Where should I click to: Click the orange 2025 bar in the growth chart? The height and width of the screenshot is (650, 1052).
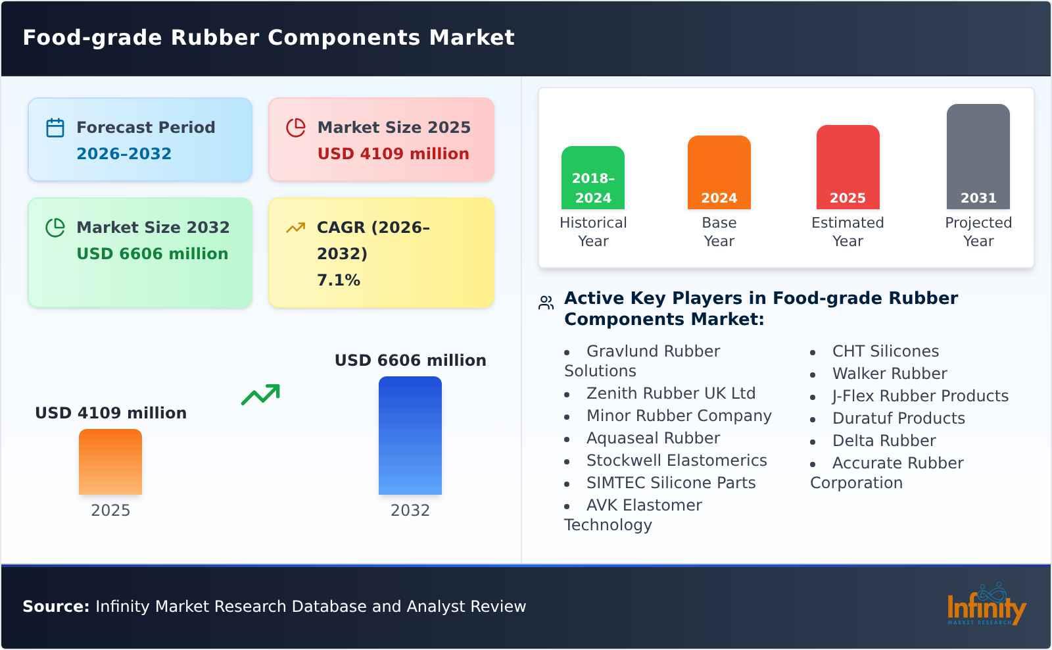(110, 462)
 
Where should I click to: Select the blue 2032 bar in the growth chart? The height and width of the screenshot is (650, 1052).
(410, 436)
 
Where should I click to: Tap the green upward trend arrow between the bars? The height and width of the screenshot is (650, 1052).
(260, 395)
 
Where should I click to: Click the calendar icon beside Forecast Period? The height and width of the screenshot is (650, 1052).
(55, 128)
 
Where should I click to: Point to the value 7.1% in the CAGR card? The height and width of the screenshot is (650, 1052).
(339, 280)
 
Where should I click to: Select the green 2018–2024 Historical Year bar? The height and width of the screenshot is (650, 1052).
(592, 178)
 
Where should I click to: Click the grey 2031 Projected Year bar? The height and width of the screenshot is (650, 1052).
(978, 157)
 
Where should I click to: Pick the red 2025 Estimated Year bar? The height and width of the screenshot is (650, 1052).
(848, 167)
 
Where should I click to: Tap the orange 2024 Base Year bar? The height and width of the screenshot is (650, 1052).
(719, 172)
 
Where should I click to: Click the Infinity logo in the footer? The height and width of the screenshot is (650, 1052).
(986, 606)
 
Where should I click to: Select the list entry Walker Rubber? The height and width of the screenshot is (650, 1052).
(890, 374)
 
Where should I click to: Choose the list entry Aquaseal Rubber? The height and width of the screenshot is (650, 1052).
(653, 438)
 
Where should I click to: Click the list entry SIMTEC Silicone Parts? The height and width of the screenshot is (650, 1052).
(671, 483)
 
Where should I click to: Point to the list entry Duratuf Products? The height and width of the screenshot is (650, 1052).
(898, 418)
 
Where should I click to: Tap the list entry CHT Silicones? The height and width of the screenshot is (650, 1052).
(885, 351)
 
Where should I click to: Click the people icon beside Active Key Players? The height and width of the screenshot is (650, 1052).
(546, 303)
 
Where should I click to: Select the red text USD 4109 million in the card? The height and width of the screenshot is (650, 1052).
(393, 154)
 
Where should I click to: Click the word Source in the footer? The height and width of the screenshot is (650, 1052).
(56, 607)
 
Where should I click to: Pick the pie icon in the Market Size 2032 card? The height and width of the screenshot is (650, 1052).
(55, 228)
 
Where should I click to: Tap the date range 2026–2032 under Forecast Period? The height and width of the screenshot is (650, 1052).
(124, 154)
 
